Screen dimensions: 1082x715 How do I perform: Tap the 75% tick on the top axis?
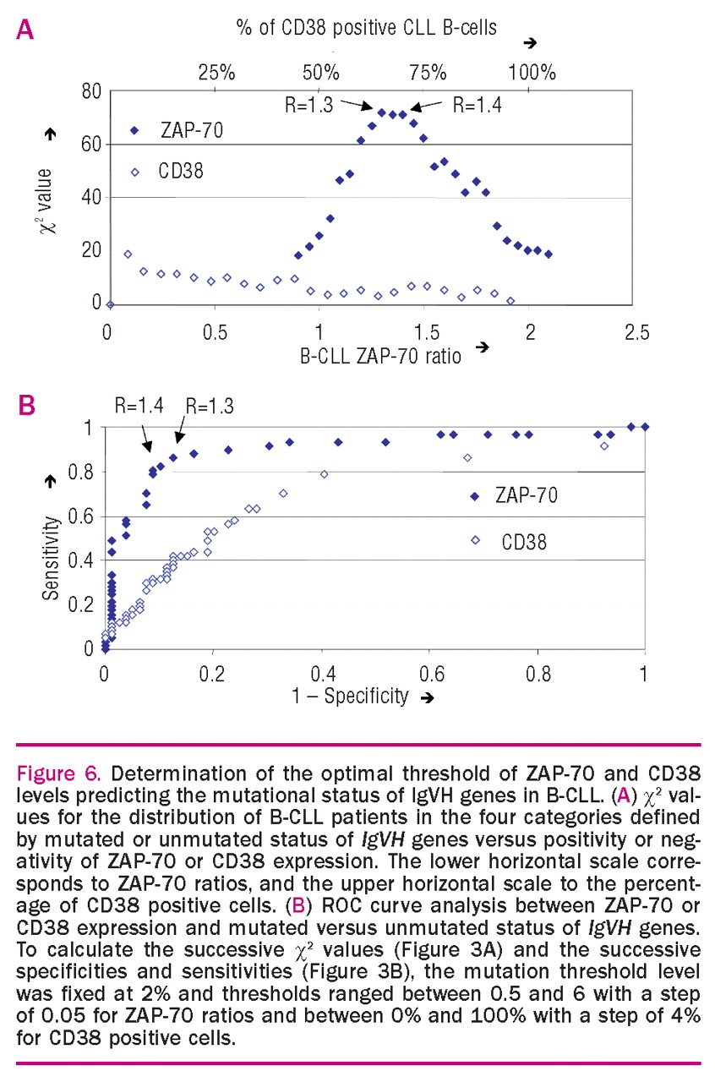pos(428,71)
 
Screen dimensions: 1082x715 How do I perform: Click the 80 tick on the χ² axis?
pos(90,90)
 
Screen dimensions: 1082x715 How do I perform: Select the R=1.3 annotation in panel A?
pos(310,106)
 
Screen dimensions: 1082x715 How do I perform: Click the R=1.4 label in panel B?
pos(139,407)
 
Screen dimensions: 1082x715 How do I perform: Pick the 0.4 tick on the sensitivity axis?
pos(85,560)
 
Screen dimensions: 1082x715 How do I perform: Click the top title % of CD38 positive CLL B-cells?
pos(366,28)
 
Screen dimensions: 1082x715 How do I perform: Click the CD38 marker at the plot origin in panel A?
pos(109,304)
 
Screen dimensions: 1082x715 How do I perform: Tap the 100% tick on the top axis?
pos(534,71)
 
